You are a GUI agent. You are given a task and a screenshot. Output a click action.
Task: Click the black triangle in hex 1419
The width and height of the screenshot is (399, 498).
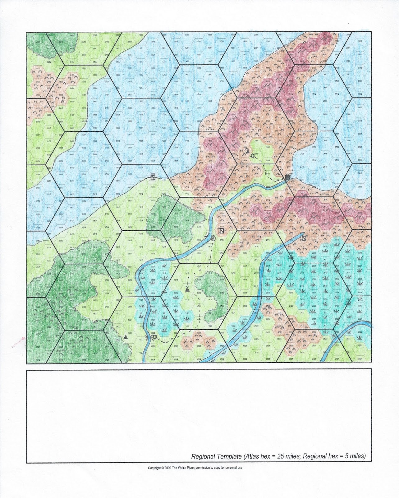[x=187, y=290]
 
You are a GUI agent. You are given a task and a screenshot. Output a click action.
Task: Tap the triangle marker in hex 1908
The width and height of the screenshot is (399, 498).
[x=248, y=151]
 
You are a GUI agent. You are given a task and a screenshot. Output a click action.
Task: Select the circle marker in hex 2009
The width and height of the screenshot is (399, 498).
[x=252, y=155]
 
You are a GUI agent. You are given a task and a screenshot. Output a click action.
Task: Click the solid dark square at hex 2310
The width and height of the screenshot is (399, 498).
[x=287, y=177]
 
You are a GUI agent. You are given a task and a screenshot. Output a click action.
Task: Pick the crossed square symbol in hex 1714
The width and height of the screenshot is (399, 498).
[x=222, y=231]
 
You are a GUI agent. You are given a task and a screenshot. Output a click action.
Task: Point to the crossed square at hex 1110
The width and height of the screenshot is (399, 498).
[x=153, y=177]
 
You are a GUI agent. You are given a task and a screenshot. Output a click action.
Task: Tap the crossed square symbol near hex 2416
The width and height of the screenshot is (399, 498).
[x=304, y=238]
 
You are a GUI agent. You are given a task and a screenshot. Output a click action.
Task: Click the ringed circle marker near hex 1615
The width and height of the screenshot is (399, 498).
[x=213, y=239]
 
